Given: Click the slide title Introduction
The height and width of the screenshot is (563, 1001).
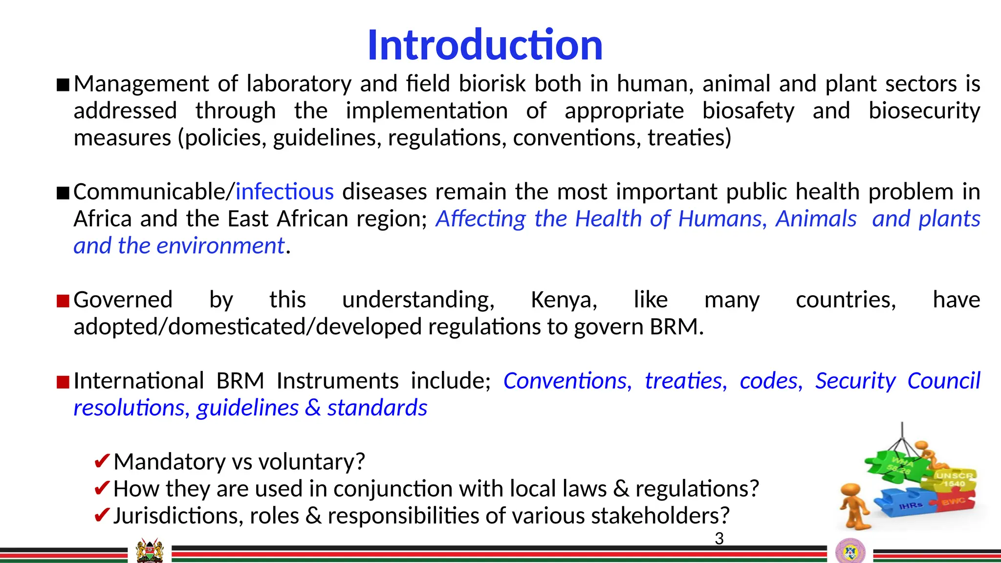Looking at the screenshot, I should point(485,45).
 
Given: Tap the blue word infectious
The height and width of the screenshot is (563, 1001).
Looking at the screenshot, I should point(284,192).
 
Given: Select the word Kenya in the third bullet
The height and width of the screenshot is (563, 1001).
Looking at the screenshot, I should point(564,300).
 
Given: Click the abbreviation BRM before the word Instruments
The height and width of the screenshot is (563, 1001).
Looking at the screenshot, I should point(240,381).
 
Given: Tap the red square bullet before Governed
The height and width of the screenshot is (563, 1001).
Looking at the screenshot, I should point(63,301).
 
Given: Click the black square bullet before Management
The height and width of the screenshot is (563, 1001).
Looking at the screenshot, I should point(63,85).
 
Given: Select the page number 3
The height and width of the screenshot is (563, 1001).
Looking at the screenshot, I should point(719,539).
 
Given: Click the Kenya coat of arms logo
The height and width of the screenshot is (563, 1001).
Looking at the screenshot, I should point(150,551).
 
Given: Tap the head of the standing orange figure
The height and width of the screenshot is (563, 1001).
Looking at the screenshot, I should point(851,490).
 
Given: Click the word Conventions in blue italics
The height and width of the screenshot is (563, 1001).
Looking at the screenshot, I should point(567,381).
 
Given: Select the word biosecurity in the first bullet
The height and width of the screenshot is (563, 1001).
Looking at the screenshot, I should point(924,111).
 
